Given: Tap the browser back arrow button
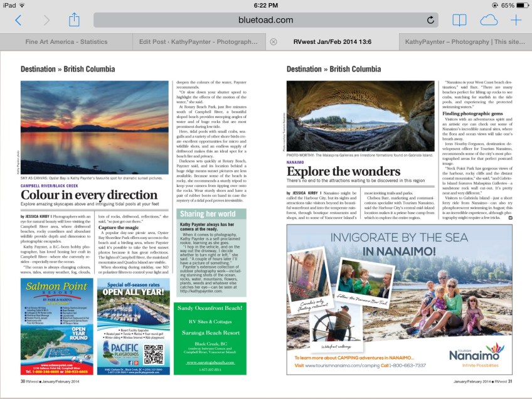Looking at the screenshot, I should [18, 20].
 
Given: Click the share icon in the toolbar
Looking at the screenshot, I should [74, 19].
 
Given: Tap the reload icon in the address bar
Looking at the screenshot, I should [430, 20].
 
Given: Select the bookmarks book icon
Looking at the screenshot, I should [459, 20].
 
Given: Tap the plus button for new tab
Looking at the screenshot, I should [516, 20].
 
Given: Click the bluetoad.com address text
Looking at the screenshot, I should [265, 20].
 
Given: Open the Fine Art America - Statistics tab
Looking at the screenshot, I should [66, 41].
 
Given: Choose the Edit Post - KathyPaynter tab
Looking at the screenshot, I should [198, 41].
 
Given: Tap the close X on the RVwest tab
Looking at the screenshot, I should [273, 42].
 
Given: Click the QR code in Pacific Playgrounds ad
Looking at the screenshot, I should [153, 354].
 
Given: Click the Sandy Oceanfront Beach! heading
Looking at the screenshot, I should [210, 309].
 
